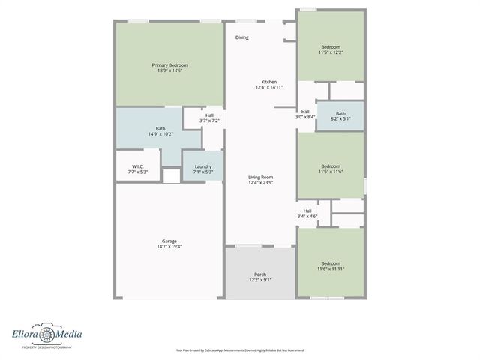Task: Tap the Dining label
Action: [x=241, y=37]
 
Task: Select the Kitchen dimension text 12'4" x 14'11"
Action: [x=268, y=87]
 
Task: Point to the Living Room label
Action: [x=260, y=177]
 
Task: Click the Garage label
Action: [x=169, y=241]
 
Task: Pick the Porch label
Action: [x=260, y=274]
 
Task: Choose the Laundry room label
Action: [x=202, y=166]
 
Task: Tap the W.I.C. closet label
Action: [x=137, y=166]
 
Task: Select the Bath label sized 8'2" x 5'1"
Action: [x=340, y=112]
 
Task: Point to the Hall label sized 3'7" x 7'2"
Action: [x=209, y=115]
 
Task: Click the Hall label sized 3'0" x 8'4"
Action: [x=305, y=111]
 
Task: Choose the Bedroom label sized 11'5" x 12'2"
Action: [x=330, y=46]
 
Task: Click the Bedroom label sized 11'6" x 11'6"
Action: [x=331, y=166]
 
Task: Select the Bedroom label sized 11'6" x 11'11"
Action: [x=331, y=263]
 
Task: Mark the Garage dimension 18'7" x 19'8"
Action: [x=169, y=246]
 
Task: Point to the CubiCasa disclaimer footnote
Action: [x=240, y=350]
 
